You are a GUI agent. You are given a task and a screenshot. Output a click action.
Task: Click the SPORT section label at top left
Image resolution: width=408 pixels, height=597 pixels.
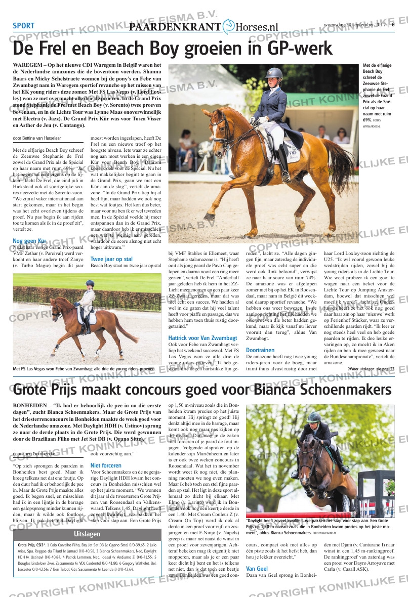coord(23,26)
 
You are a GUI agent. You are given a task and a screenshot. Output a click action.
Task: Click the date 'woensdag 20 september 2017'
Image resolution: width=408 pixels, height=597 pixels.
coord(355,24)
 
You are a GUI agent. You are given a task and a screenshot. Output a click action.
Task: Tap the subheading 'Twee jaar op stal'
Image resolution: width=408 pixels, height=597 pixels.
coord(111,259)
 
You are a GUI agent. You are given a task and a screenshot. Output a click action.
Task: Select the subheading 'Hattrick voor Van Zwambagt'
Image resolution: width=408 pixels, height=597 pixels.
coord(202,338)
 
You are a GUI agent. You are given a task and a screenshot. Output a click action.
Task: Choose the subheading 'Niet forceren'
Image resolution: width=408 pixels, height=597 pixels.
coord(106,465)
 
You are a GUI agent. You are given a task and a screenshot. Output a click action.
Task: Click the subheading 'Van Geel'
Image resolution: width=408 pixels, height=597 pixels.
coord(257,569)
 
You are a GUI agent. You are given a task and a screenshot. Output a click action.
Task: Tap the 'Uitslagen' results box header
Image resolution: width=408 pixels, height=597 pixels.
coord(87,534)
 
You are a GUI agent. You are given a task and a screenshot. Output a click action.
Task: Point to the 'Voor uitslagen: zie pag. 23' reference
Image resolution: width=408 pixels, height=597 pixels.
coord(371,369)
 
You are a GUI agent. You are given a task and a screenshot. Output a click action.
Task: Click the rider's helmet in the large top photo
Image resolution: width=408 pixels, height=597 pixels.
coord(274,73)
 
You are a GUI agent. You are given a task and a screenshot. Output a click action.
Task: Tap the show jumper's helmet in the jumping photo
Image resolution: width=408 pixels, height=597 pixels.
coord(314,417)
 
